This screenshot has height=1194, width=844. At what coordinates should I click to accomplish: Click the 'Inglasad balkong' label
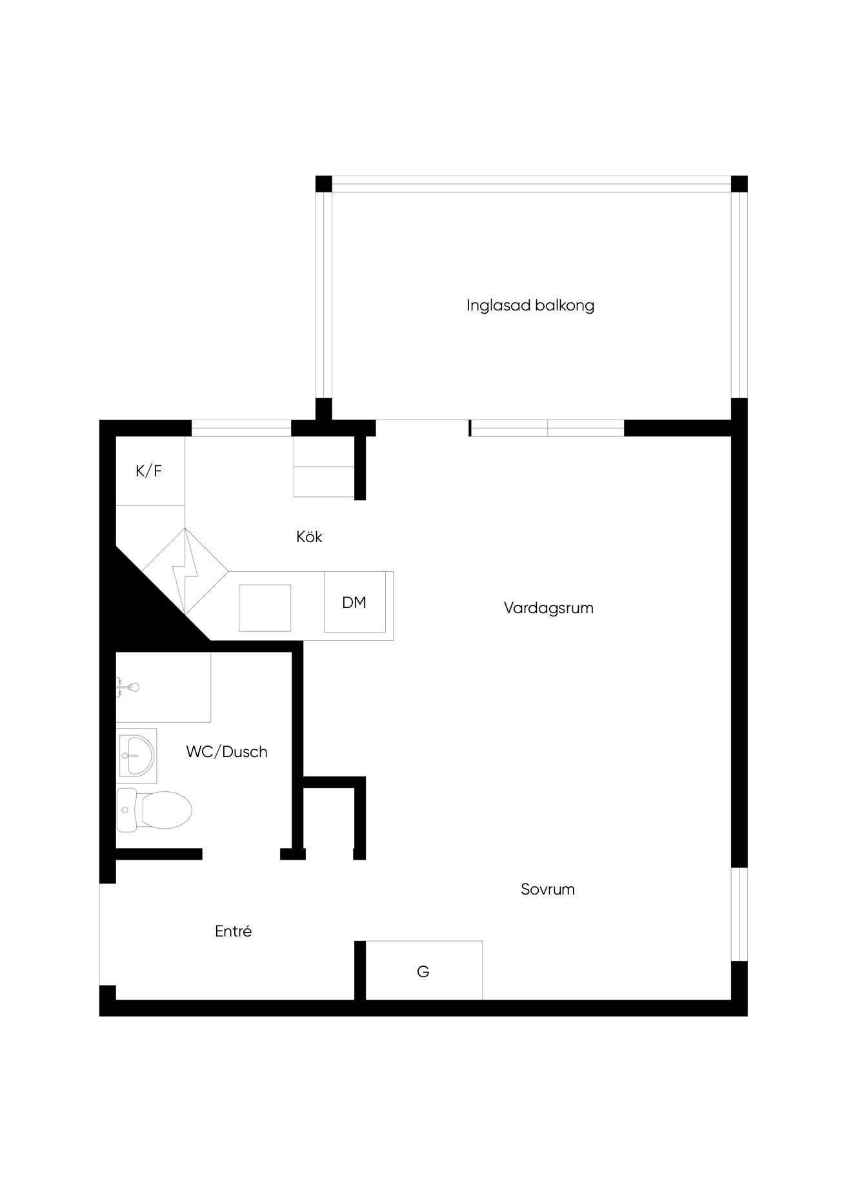[x=530, y=305]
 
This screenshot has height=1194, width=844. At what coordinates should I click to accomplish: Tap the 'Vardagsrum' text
[x=548, y=608]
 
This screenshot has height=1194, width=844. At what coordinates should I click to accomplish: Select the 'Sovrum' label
[x=547, y=889]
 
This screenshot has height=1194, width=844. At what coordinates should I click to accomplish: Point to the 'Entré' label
[x=233, y=931]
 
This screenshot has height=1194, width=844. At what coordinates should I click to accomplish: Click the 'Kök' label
[x=309, y=536]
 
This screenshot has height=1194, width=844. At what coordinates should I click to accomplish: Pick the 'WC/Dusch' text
[x=226, y=751]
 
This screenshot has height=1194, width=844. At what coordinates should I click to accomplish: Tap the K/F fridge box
[x=150, y=471]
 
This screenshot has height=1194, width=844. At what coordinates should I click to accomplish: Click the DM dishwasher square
[x=354, y=602]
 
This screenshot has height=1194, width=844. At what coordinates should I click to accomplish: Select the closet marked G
[x=424, y=970]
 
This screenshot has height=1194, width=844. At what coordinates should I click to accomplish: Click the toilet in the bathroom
[x=154, y=809]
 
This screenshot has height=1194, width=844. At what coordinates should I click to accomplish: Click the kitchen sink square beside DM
[x=265, y=607]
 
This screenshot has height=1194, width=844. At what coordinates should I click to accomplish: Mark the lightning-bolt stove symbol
[x=185, y=571]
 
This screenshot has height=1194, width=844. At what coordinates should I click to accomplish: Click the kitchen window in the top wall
[x=241, y=428]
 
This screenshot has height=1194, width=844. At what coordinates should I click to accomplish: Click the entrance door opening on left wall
[x=107, y=935]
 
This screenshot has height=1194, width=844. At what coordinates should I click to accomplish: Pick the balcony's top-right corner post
[x=739, y=184]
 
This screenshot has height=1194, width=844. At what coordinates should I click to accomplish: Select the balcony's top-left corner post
[x=323, y=184]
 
